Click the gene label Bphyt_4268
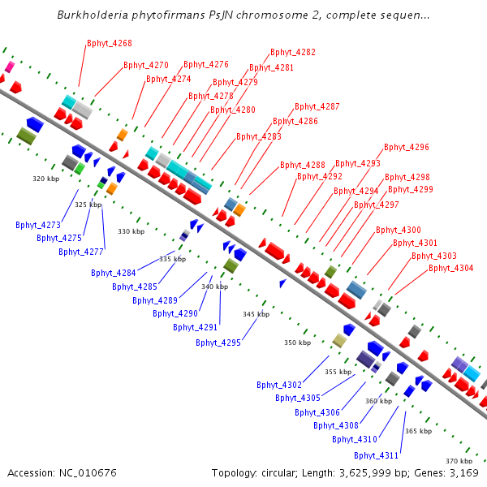coord(110,43)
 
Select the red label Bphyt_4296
coord(407,148)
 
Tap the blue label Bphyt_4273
coord(38,225)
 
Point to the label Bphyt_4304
coord(451,268)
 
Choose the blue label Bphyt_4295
coord(218,343)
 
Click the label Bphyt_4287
coord(317,107)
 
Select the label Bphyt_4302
coord(279,385)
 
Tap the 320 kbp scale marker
coord(45,179)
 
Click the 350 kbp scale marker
coord(297,343)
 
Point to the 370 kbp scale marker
coord(459,461)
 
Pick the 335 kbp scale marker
coord(172,259)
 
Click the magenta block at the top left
coord(10,66)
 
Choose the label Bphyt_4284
coord(114,274)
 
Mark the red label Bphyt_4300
coord(399,231)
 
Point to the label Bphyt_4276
coord(206,64)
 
